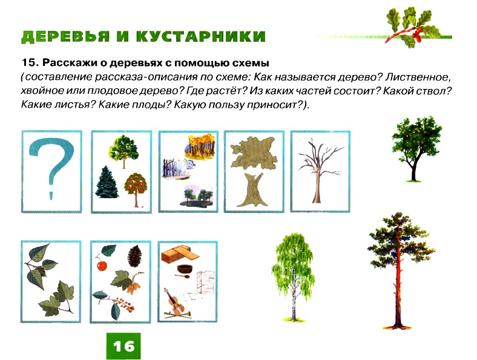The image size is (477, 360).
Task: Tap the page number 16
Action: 123,346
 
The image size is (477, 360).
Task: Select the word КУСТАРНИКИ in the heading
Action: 201,36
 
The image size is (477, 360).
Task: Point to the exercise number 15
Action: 29,64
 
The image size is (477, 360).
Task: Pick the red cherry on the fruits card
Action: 102,266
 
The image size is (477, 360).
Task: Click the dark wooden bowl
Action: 185,269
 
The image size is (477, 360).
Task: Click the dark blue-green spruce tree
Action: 106,182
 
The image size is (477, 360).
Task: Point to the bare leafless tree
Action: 320,170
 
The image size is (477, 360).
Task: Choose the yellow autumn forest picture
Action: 200,147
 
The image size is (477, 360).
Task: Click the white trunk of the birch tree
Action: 294,292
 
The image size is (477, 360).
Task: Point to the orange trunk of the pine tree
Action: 397,283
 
